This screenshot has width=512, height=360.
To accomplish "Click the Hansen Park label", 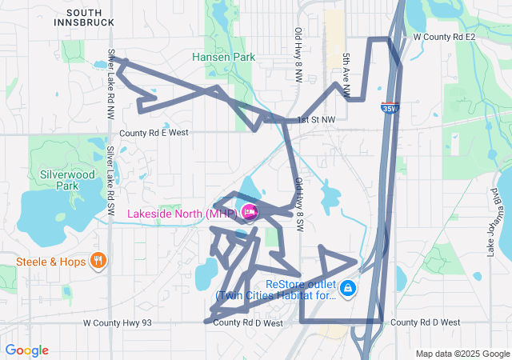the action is point(223,57).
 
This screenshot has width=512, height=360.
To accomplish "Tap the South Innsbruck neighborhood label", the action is point(85,18).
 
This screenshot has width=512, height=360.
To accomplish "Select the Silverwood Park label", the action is point(57,179).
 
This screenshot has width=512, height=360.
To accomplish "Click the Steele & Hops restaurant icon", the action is point(98,260).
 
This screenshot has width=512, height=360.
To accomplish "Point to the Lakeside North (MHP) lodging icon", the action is point(249,212).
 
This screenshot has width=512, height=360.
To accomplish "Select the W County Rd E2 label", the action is point(444,37).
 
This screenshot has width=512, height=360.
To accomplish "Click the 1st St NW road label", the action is point(317,120).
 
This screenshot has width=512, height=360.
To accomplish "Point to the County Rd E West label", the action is point(154,133).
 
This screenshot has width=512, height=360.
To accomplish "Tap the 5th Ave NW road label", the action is point(346,75).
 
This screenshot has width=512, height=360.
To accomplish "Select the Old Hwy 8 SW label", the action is point(298,205).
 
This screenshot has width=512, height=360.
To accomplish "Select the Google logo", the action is point(26,350).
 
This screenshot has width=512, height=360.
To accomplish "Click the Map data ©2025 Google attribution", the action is point(462,354).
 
